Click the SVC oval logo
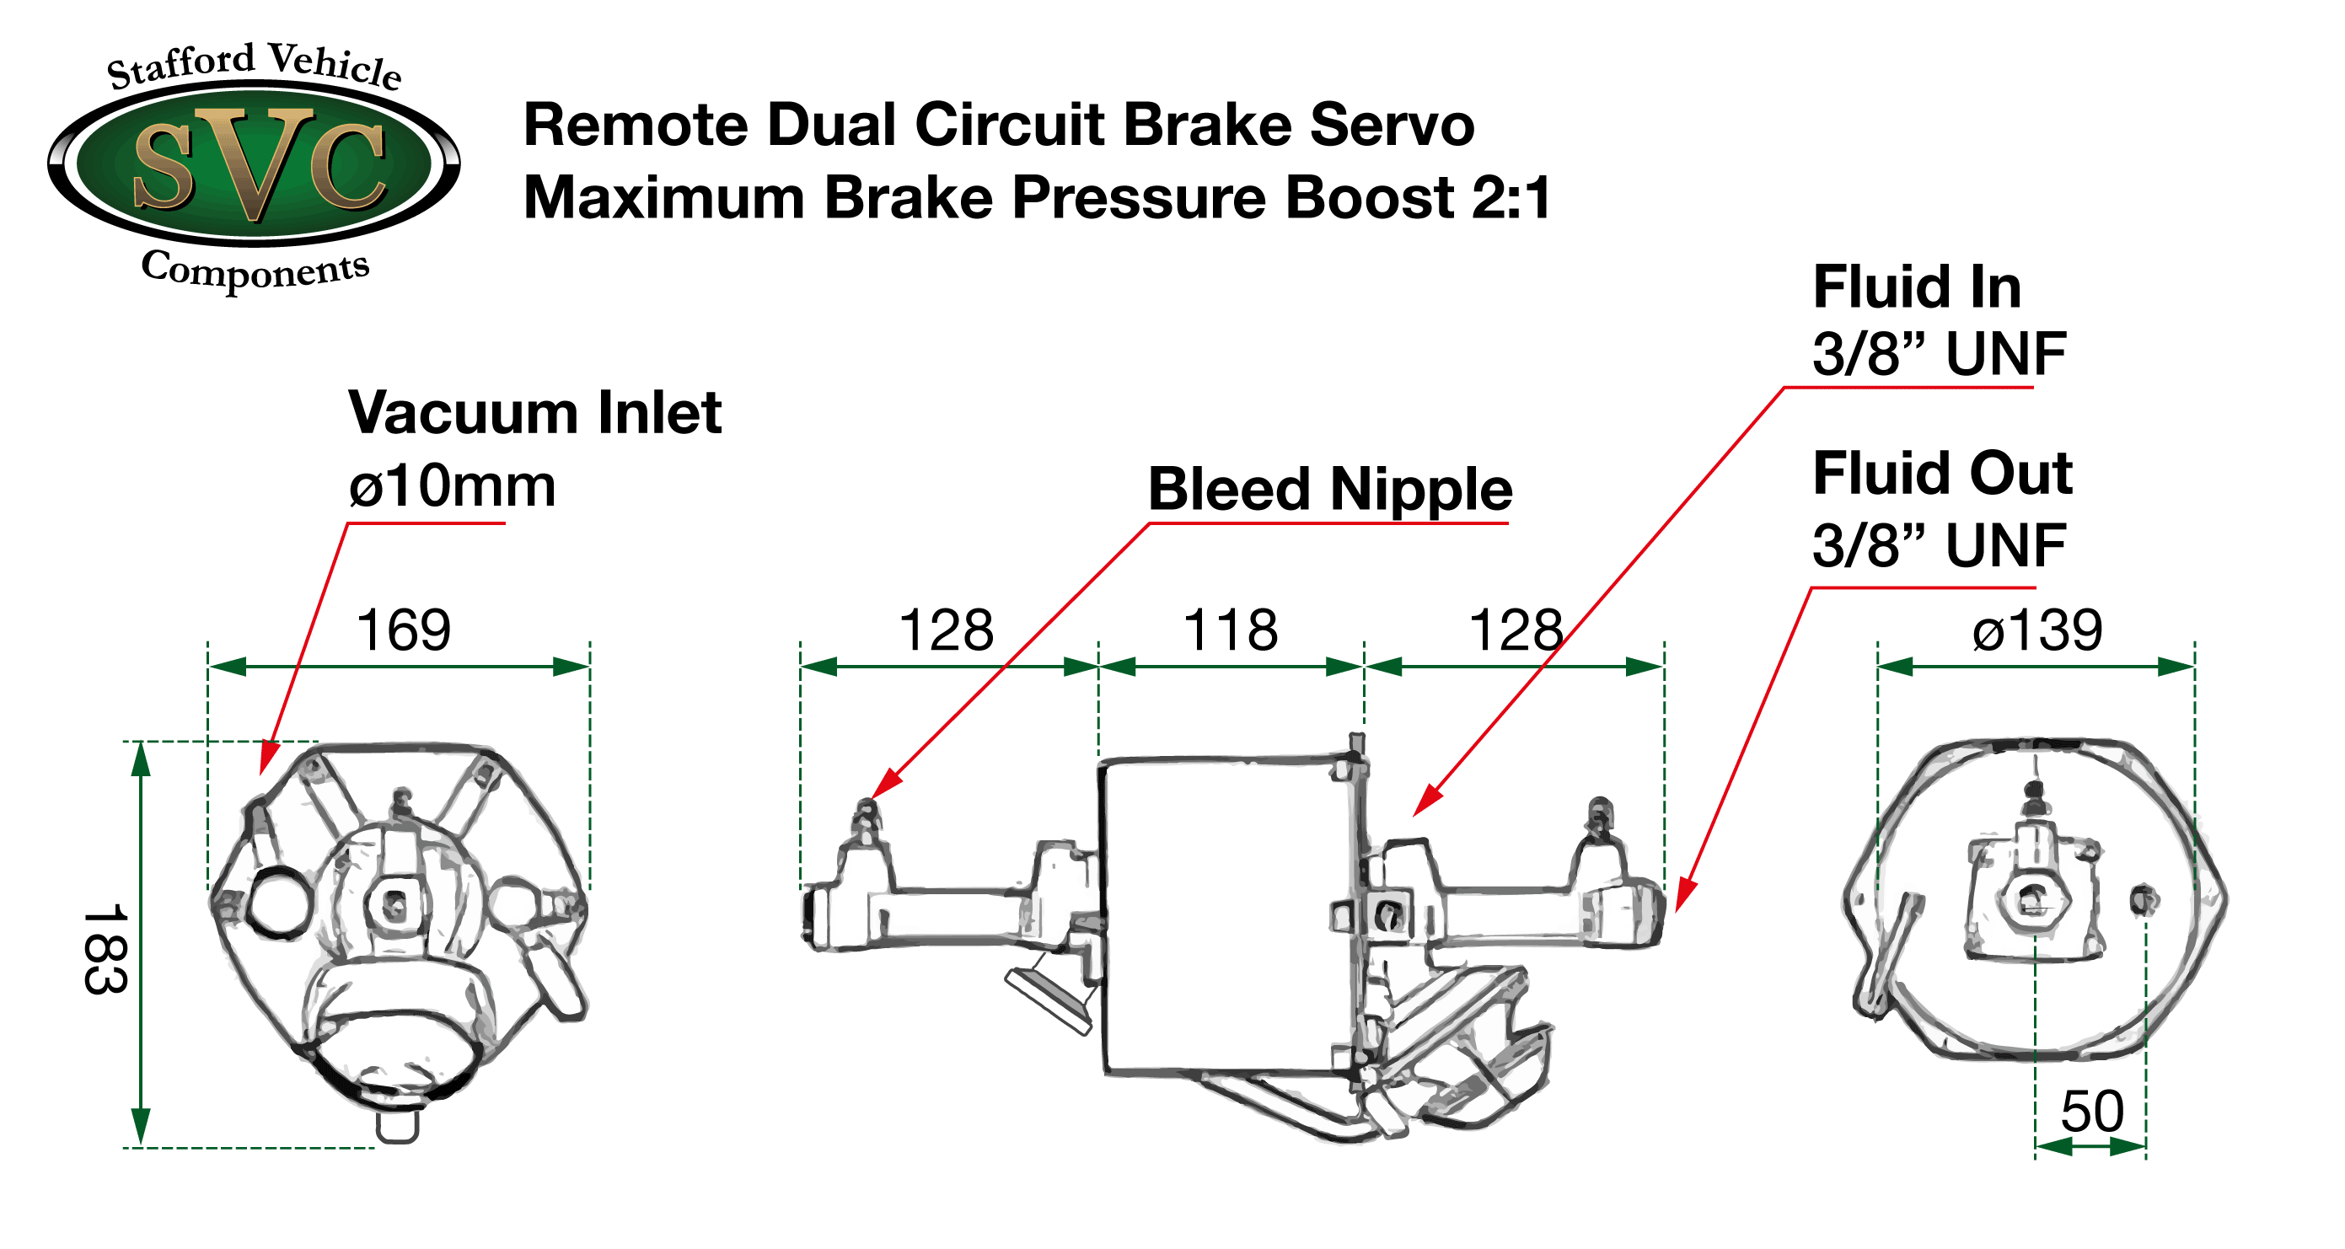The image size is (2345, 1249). [x=254, y=163]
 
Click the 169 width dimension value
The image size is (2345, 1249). [x=403, y=630]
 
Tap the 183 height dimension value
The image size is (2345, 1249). [x=105, y=949]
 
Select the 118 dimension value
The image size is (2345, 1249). [x=1230, y=630]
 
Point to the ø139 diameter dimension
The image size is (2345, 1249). [x=2037, y=630]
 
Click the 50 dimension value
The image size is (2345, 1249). [x=2092, y=1112]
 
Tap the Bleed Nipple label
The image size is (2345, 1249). [x=1329, y=490]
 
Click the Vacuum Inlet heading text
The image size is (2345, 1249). [x=534, y=413]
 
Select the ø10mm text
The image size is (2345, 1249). [x=452, y=486]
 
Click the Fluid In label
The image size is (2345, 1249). [x=1916, y=287]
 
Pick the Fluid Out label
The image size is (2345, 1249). [x=1942, y=474]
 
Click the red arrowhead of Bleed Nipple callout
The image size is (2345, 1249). [x=883, y=785]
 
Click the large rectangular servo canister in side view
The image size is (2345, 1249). [x=1225, y=915]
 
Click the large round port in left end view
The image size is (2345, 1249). [x=278, y=902]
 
